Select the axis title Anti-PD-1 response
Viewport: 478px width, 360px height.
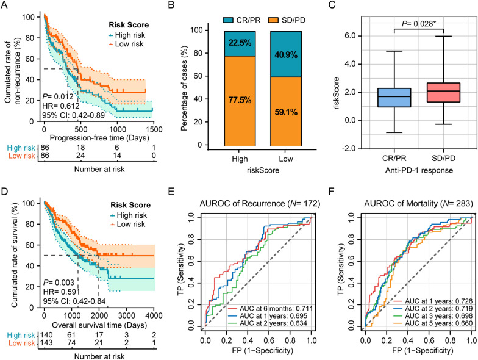[394, 170]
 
